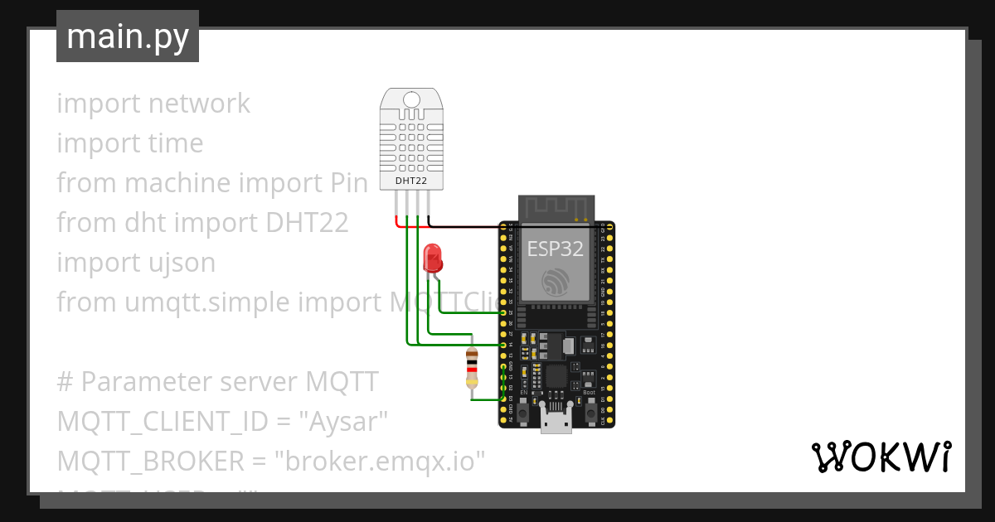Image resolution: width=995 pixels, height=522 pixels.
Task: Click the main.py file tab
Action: (127, 36)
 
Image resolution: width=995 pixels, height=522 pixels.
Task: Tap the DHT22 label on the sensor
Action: (412, 180)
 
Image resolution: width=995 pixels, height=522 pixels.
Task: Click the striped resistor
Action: (472, 369)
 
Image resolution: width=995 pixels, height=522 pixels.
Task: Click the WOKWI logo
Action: (880, 457)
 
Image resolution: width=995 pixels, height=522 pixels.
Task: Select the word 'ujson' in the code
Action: (180, 263)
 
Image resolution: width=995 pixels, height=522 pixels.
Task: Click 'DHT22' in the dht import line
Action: (306, 223)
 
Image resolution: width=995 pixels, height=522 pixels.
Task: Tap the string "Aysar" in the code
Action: (347, 422)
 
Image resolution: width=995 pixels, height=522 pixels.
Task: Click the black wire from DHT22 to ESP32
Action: (464, 225)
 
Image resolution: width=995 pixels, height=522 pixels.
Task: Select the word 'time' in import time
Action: (174, 143)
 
